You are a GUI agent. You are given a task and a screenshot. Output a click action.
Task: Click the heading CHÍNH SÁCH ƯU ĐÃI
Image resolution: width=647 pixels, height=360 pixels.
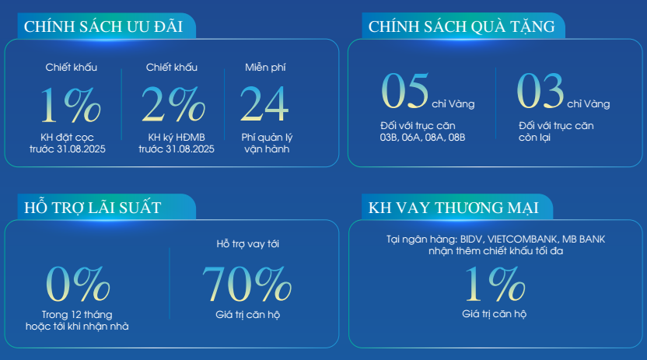[x=103, y=26]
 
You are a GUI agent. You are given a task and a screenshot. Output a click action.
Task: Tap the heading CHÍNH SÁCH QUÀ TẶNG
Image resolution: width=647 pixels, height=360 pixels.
[x=462, y=26]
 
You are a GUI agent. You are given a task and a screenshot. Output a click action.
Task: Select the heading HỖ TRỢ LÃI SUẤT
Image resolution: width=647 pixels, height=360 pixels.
[x=93, y=207]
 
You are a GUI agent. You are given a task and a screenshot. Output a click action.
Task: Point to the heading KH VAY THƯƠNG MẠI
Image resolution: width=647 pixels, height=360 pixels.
[x=453, y=208]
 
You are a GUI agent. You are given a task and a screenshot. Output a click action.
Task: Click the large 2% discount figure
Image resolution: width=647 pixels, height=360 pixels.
[x=173, y=104]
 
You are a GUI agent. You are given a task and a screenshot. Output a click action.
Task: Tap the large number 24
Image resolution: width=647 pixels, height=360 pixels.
[x=264, y=104]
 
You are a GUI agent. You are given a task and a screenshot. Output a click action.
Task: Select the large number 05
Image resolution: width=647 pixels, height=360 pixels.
[x=405, y=91]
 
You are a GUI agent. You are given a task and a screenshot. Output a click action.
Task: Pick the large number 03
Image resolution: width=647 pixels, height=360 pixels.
[x=540, y=91]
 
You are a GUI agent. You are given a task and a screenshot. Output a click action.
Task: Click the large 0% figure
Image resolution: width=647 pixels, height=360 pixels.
[x=78, y=283]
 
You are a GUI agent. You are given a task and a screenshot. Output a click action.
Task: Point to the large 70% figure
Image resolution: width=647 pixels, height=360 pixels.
[x=247, y=283]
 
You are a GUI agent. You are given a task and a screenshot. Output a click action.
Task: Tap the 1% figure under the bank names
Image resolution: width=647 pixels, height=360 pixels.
[x=495, y=283]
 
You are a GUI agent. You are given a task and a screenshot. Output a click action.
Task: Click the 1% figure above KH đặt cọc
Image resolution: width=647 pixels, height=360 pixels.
[x=70, y=104]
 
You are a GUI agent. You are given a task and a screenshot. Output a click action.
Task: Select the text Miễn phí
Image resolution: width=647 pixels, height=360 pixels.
[x=265, y=67]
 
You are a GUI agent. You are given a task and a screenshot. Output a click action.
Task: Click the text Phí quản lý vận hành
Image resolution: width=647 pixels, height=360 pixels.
[x=267, y=143]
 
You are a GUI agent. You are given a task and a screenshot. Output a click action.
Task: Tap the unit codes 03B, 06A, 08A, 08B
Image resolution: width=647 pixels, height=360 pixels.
[x=422, y=138]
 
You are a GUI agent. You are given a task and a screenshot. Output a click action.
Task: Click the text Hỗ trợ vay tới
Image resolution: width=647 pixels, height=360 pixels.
[x=247, y=243]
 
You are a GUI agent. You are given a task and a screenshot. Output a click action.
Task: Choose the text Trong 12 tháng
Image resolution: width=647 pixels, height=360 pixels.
[x=77, y=315]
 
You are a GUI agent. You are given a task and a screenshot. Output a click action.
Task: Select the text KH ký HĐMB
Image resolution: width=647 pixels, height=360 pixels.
[x=177, y=138]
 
